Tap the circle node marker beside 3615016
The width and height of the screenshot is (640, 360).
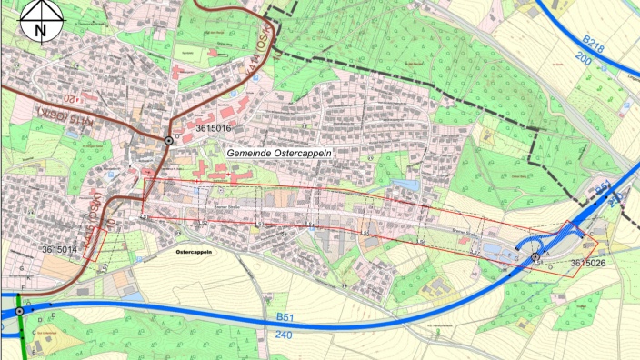point(169,141)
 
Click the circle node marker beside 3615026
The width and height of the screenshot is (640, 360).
point(534,259)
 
